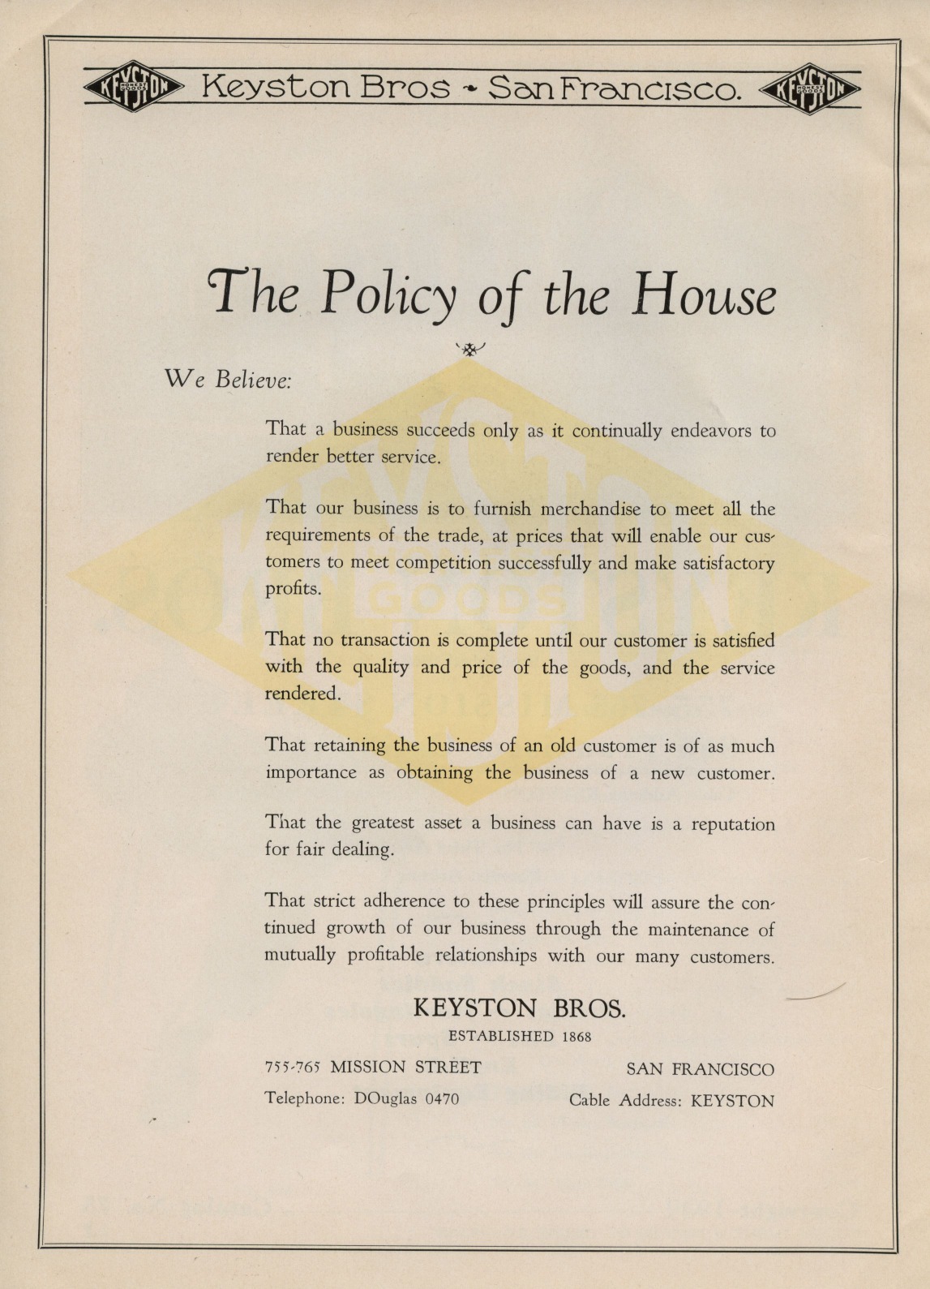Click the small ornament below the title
(469, 349)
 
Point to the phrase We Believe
(228, 380)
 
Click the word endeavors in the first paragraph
(711, 430)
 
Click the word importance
(311, 772)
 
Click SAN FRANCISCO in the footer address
(700, 1069)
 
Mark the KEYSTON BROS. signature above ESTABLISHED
(520, 1008)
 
